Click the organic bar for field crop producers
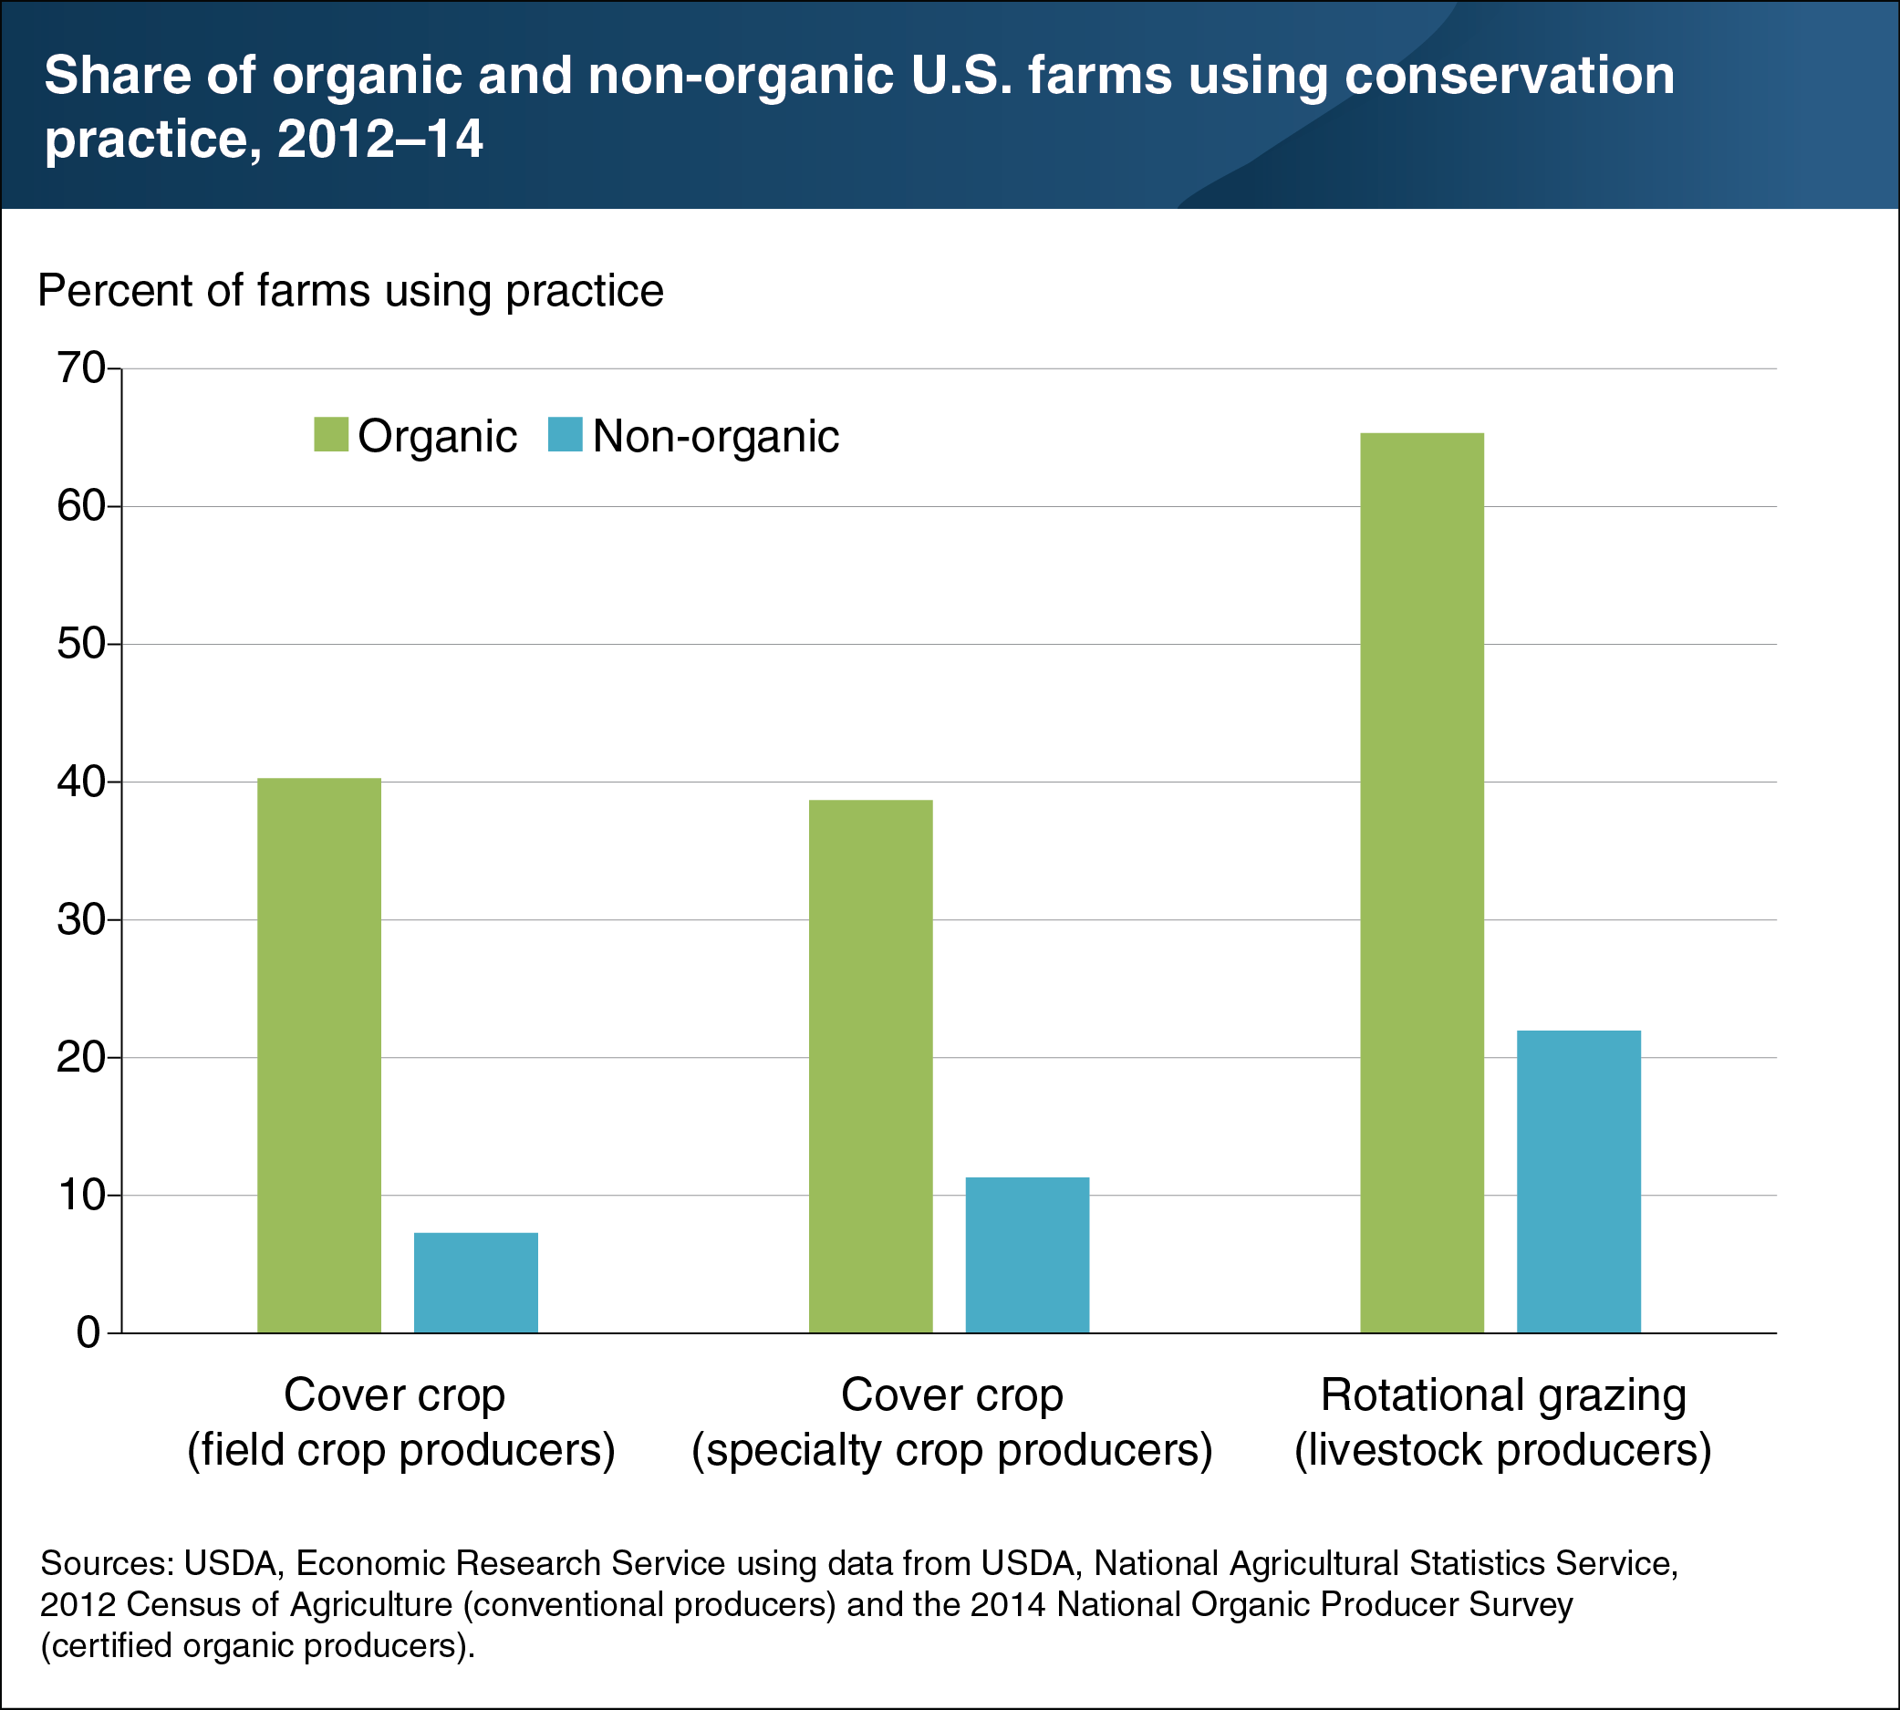click(x=318, y=1055)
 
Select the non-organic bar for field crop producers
click(x=475, y=1282)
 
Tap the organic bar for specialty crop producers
click(x=870, y=1066)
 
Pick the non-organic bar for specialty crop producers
click(x=1027, y=1255)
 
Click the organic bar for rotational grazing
click(x=1422, y=883)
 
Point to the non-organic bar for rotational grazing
click(x=1579, y=1182)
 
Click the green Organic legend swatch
click(x=331, y=435)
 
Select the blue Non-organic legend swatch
click(x=565, y=435)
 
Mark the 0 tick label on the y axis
click(x=88, y=1333)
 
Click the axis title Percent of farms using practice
click(x=350, y=291)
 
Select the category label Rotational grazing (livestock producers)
click(x=1502, y=1423)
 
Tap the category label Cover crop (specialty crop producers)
click(x=952, y=1423)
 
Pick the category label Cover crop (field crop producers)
click(x=400, y=1423)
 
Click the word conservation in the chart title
click(x=1510, y=75)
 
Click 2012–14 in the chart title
click(x=379, y=139)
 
